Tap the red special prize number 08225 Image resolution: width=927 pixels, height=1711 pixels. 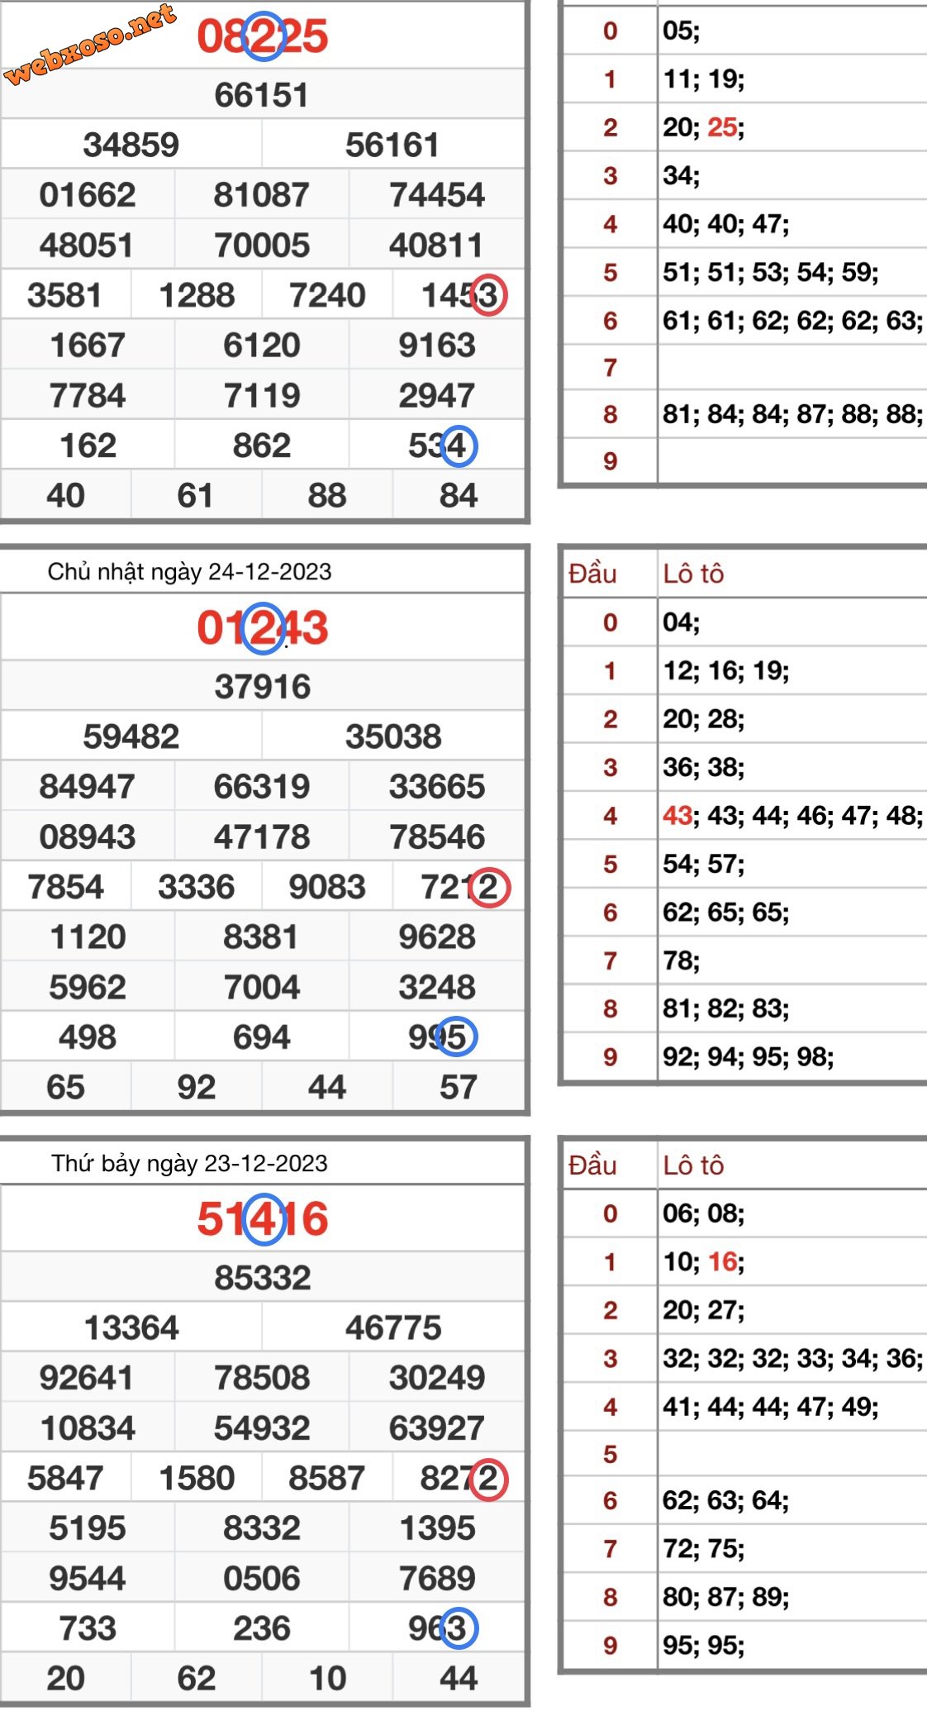click(262, 37)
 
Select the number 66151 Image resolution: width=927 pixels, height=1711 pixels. click(262, 95)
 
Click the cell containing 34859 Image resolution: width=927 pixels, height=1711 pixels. click(131, 145)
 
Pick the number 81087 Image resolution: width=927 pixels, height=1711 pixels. click(262, 195)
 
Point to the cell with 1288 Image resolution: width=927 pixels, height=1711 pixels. click(197, 295)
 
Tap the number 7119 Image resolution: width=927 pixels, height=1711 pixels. click(262, 395)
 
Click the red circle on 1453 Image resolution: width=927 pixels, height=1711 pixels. click(488, 295)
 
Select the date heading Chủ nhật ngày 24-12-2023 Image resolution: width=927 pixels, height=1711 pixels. click(189, 571)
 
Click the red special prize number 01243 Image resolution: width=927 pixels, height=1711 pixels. click(262, 628)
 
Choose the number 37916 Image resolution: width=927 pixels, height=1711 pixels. click(262, 686)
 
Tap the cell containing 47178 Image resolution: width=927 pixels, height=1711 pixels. click(262, 836)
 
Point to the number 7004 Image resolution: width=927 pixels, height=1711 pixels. click(262, 987)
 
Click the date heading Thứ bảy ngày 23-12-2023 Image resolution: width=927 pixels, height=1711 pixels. click(189, 1163)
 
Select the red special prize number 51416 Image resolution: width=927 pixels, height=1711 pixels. click(262, 1219)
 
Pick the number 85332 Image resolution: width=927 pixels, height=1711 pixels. click(262, 1278)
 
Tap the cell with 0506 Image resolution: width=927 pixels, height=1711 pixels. click(262, 1578)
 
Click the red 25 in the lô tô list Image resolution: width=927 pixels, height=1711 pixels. click(722, 127)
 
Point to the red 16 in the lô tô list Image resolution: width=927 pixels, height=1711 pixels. click(722, 1261)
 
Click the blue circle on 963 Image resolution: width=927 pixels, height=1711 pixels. click(459, 1628)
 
